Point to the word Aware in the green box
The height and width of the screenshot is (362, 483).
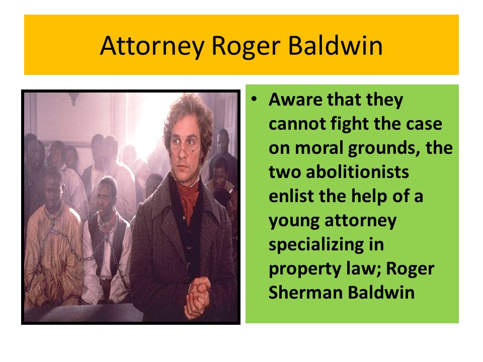[296, 100]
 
